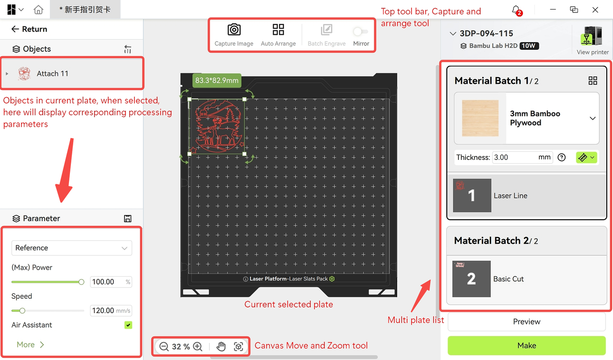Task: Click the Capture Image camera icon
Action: point(234,30)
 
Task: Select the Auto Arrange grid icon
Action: point(278,30)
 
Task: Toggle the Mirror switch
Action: point(361,32)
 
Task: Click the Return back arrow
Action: point(15,29)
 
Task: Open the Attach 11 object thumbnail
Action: point(24,73)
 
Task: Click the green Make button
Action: point(526,345)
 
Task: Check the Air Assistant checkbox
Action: point(128,325)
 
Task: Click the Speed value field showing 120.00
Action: point(111,311)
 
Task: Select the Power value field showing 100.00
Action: point(111,282)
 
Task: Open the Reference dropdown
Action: point(72,248)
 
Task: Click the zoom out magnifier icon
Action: point(164,346)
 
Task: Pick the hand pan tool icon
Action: point(221,346)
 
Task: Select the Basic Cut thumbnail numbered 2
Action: point(471,279)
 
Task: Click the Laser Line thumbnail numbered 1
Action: point(472,195)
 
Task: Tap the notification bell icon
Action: point(516,11)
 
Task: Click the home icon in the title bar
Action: point(38,10)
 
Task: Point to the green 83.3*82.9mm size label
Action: point(217,80)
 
